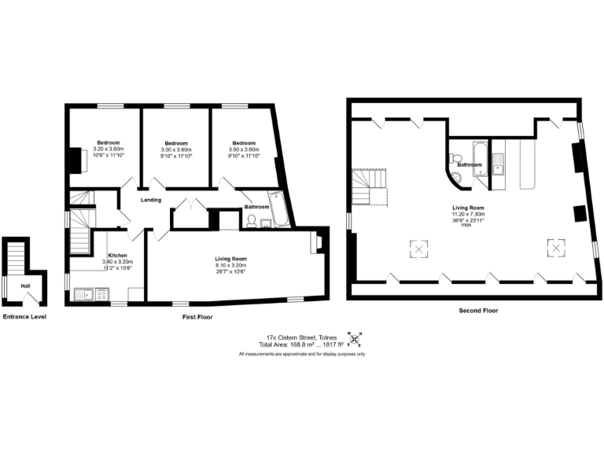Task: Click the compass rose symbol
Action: [355, 340]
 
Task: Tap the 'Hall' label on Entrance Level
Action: [25, 286]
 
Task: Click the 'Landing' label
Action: [151, 200]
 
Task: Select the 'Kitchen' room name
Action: [118, 256]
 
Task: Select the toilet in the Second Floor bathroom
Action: [454, 159]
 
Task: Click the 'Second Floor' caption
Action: [479, 311]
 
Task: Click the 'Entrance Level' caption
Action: [24, 316]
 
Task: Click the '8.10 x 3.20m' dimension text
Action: [231, 266]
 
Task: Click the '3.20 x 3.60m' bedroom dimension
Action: [109, 149]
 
